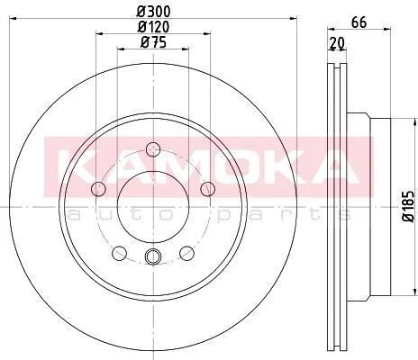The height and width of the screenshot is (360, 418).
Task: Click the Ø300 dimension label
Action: pyautogui.click(x=153, y=12)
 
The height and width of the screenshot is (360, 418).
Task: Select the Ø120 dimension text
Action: pyautogui.click(x=153, y=27)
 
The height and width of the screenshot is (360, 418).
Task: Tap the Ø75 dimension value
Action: pyautogui.click(x=153, y=42)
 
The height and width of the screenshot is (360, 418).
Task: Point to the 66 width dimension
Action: pyautogui.click(x=359, y=22)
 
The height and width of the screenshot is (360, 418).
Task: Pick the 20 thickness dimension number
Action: pyautogui.click(x=337, y=43)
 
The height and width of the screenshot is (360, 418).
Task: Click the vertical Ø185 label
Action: pyautogui.click(x=409, y=206)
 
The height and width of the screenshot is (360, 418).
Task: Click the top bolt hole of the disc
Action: pyautogui.click(x=153, y=149)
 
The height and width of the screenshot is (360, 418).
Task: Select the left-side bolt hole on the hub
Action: pyautogui.click(x=98, y=189)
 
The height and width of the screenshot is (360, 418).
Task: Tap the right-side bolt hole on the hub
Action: pyautogui.click(x=208, y=189)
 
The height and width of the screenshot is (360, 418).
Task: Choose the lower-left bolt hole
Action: pyautogui.click(x=119, y=253)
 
